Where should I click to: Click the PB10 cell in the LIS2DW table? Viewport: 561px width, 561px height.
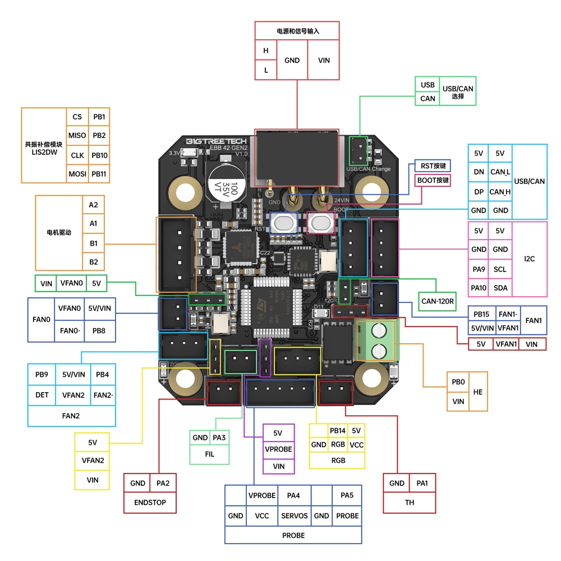point(99,155)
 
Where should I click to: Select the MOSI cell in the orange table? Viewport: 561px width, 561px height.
point(77,174)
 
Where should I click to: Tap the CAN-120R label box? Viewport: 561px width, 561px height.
point(436,301)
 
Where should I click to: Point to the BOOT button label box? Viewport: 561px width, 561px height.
point(433,181)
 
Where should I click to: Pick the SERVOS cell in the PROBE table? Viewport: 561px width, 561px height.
point(295,516)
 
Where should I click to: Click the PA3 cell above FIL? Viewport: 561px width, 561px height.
point(219,438)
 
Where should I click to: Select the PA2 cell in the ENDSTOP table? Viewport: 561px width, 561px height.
point(163,483)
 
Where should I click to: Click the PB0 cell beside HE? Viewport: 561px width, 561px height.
point(458,382)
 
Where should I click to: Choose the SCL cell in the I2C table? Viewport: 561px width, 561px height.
point(500,269)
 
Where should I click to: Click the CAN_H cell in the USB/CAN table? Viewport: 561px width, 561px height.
point(500,192)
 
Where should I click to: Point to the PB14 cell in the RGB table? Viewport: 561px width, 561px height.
point(338,431)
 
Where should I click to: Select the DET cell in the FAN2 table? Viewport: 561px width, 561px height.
point(42,395)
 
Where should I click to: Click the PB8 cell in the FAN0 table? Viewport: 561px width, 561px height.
point(99,331)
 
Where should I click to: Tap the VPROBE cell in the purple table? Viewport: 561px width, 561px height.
point(279,449)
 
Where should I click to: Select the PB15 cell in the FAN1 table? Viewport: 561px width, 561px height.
point(481,314)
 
